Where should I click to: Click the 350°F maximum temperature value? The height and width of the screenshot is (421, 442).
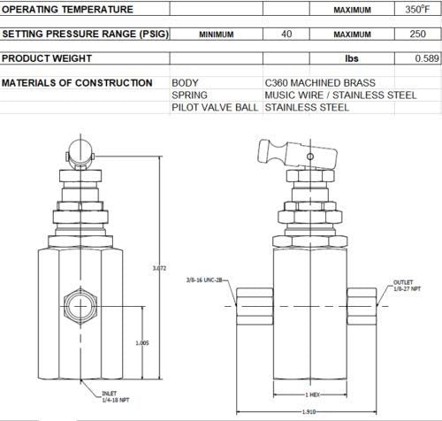415,10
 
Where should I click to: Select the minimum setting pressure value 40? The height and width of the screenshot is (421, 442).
286,34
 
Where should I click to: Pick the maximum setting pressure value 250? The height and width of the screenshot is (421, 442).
420,34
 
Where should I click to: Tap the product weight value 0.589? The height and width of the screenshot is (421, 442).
427,58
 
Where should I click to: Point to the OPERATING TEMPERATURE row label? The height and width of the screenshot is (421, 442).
68,10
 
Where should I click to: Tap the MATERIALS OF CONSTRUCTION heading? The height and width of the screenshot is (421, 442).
77,83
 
